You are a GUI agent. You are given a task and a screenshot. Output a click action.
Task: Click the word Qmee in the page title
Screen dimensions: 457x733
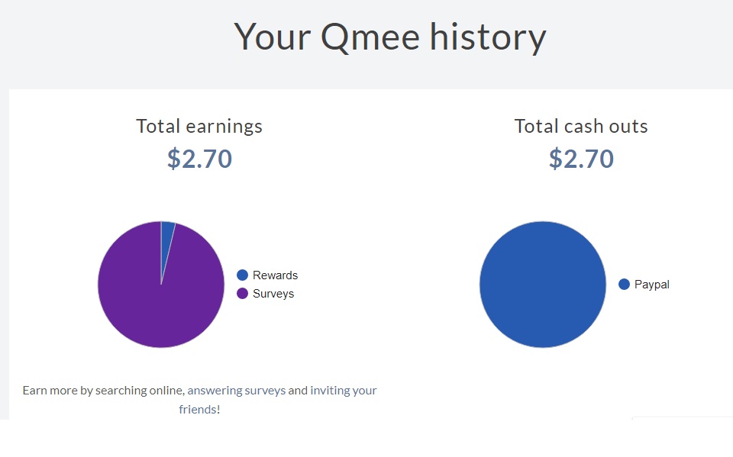370,37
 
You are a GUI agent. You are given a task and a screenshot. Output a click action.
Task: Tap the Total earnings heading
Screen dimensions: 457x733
199,126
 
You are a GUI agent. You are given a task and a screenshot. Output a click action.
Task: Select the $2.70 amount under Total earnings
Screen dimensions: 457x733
199,159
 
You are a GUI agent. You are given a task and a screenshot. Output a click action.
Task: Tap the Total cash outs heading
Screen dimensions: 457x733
581,126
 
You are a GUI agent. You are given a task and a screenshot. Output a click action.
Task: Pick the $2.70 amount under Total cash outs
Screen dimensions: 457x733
581,159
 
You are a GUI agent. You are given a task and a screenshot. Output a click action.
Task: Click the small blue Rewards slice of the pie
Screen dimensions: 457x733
167,233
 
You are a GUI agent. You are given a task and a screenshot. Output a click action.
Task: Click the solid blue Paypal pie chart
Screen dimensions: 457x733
543,285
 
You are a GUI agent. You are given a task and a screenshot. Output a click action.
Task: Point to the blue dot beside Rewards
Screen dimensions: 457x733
243,275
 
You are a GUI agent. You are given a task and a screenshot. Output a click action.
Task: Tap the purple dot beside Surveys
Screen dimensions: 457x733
243,294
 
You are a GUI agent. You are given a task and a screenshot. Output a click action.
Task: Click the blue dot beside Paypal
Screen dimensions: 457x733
624,285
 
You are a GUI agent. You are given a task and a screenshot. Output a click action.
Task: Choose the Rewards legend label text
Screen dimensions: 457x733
275,275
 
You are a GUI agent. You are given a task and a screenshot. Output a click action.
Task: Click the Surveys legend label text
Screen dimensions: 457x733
273,294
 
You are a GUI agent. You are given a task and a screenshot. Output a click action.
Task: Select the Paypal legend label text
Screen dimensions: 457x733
651,285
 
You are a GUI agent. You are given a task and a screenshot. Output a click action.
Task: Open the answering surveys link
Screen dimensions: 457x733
237,391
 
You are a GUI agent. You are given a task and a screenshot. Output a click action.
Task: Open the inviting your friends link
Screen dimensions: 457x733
343,391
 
